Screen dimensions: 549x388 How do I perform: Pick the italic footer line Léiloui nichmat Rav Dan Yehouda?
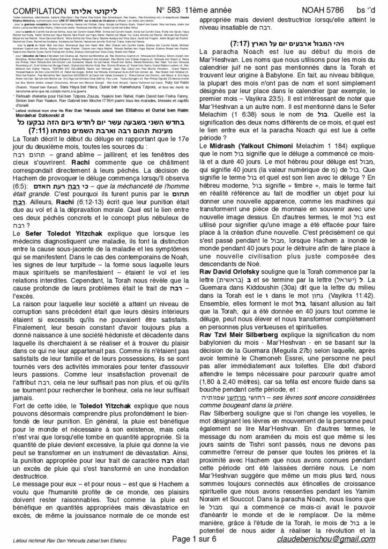pyautogui.click(x=56, y=541)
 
